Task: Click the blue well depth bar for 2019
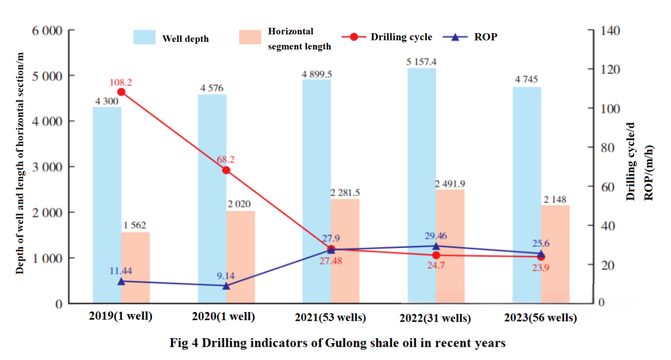[x=107, y=204]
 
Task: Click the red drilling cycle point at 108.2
[x=121, y=92]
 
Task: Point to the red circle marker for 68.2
[x=226, y=170]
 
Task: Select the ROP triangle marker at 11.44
[x=121, y=281]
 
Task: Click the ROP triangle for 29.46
[x=436, y=246]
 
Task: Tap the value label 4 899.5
[x=316, y=74]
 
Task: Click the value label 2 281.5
[x=345, y=193]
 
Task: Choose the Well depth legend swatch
[x=144, y=37]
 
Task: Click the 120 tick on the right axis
[x=610, y=69]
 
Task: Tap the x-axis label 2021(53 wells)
[x=331, y=317]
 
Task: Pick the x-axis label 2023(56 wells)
[x=540, y=318]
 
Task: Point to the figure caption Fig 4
[x=337, y=343]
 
